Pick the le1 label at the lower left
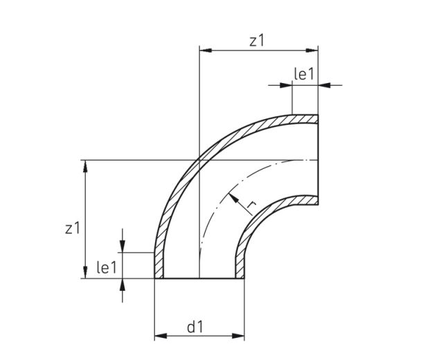point(105,267)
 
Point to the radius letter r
point(253,206)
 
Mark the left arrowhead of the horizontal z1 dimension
point(204,50)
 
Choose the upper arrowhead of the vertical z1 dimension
point(85,165)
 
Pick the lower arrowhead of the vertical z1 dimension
point(85,273)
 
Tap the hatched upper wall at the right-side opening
point(305,119)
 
